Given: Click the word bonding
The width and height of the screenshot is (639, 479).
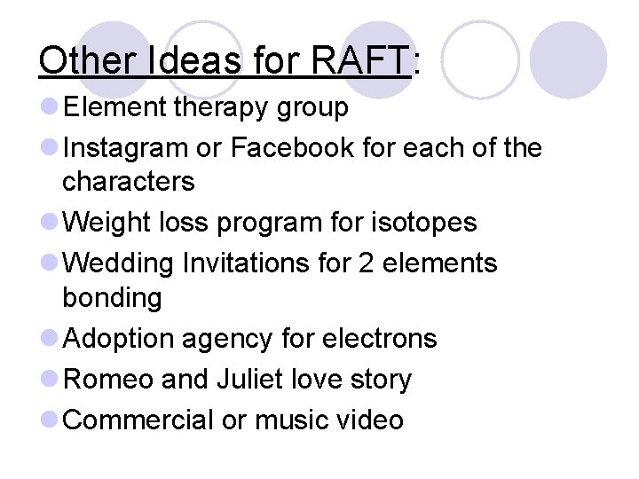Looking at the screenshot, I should point(112,298).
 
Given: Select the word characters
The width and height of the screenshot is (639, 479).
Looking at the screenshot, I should point(128,181).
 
